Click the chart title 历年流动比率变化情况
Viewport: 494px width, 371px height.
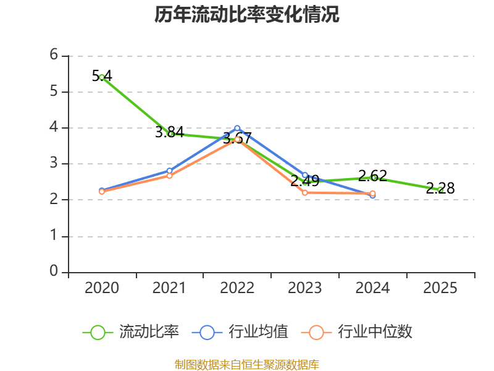pos(246,14)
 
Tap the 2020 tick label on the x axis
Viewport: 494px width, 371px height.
pos(102,288)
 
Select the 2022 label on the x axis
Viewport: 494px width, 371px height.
pos(237,288)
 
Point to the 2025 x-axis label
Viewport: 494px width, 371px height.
pos(440,288)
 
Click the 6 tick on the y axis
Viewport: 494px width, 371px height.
pos(54,55)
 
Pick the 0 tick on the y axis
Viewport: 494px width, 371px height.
pos(54,271)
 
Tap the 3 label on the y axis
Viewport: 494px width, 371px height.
pos(54,163)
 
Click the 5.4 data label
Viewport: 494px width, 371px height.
pos(102,76)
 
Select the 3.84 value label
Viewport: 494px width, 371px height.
pos(169,132)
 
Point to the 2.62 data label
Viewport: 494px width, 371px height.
pos(373,176)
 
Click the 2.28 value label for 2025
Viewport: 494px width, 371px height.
pos(440,189)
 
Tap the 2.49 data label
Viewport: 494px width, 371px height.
pos(305,181)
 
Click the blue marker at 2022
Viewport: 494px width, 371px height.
pos(237,128)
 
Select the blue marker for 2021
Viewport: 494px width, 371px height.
pos(169,171)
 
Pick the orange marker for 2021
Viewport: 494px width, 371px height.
pos(169,176)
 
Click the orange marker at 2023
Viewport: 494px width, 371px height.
pos(305,192)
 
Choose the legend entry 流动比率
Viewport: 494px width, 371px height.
pos(131,332)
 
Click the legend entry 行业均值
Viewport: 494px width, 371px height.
pos(240,332)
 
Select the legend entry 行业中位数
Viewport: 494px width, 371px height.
pos(356,332)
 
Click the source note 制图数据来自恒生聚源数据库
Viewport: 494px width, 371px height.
pos(246,365)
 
